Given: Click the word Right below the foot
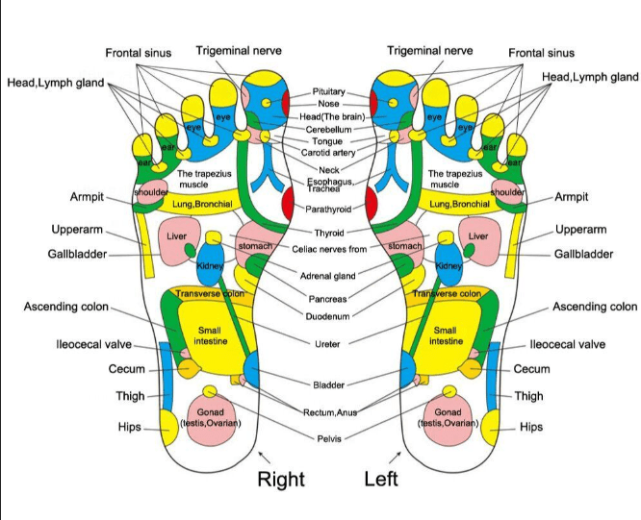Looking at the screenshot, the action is tap(281, 479).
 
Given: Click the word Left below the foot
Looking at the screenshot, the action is tap(381, 479).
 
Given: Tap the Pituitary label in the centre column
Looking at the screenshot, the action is tap(328, 91).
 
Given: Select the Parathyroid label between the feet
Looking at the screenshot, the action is tap(328, 209).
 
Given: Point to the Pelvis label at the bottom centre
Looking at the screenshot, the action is tap(329, 438).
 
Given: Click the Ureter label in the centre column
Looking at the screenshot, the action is tap(327, 344).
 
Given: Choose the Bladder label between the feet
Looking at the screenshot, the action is tap(328, 384).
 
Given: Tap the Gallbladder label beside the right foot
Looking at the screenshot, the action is tap(77, 254).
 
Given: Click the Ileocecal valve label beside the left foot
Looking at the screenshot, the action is tap(568, 344).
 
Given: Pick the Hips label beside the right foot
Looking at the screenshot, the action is tap(130, 427).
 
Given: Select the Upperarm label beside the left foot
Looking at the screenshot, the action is tap(580, 230).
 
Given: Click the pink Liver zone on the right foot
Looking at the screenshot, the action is tap(179, 241).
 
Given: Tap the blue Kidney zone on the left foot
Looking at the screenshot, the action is tap(449, 264).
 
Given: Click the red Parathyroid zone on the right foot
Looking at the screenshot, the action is tap(288, 203).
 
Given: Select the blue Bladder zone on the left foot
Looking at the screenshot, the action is tap(408, 369).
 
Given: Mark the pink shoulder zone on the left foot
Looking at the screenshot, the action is tap(507, 191).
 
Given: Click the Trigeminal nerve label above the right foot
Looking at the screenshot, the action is tap(239, 51).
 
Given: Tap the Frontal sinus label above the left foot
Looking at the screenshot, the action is tap(541, 53).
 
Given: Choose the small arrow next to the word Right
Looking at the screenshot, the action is tap(265, 458).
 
